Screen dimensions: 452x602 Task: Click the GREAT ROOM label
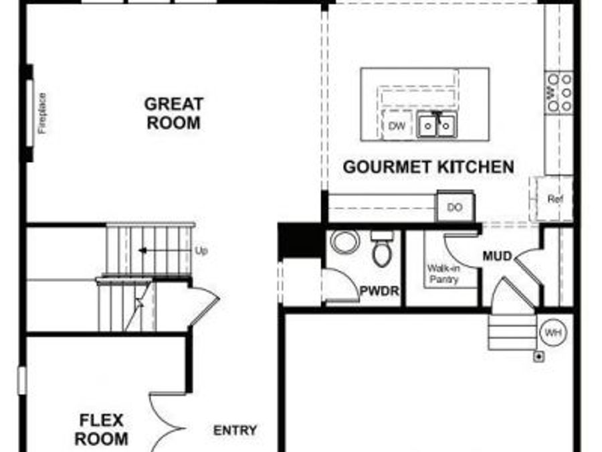173,114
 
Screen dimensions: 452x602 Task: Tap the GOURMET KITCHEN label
429,167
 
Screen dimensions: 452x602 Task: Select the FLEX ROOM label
102,430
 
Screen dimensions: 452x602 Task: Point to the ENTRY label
235,431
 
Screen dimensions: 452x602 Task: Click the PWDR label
379,291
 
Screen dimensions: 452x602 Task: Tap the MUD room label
497,256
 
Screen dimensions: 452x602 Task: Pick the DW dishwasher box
397,125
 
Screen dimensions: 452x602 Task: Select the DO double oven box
455,208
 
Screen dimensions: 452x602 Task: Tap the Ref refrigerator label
555,199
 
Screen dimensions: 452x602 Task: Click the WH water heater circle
552,333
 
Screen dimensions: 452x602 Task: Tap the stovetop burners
559,92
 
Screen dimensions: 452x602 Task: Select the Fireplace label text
42,112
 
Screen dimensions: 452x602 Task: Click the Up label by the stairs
201,251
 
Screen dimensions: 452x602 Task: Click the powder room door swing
341,285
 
